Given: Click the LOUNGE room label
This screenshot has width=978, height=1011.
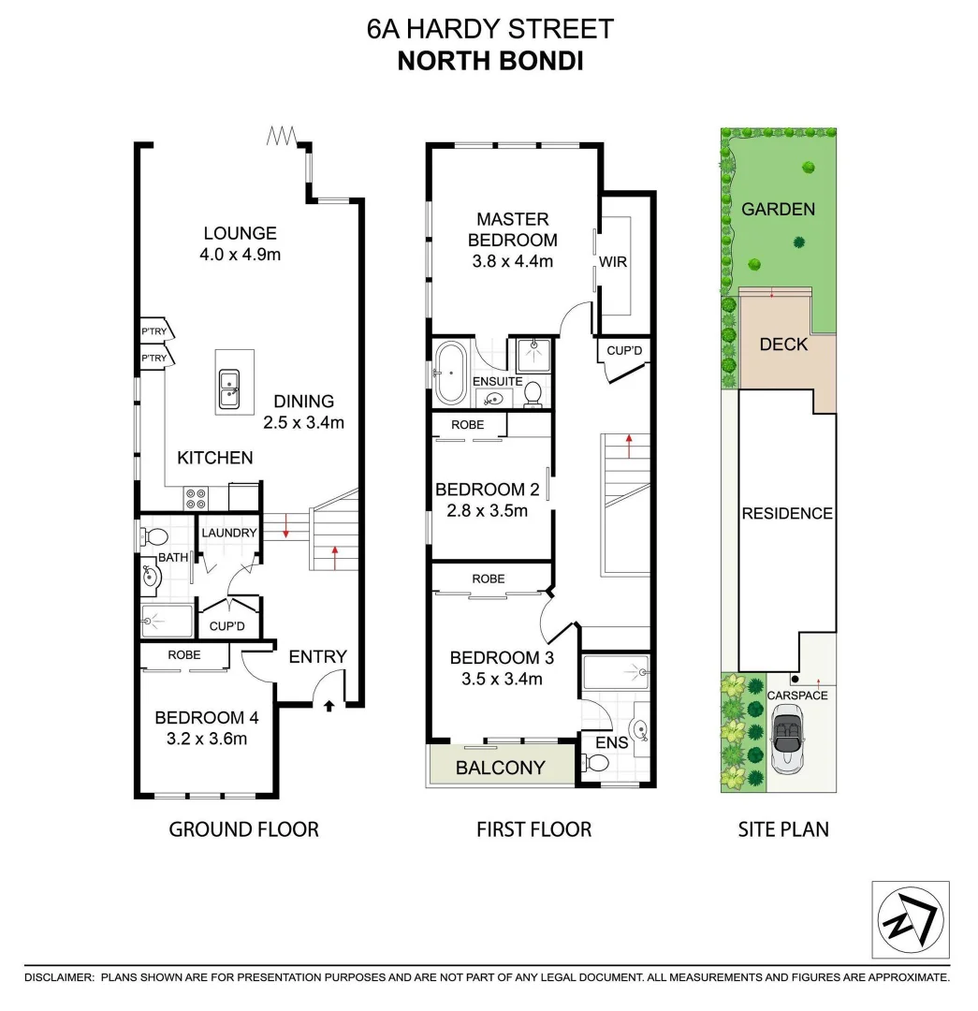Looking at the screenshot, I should pyautogui.click(x=241, y=233).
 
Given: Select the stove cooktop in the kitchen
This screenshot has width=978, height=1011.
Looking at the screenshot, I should pyautogui.click(x=196, y=498).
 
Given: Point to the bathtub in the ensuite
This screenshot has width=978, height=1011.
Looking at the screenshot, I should pyautogui.click(x=450, y=372).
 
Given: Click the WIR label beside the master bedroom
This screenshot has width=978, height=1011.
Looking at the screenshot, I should pyautogui.click(x=614, y=262).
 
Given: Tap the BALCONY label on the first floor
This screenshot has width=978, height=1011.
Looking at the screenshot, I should pyautogui.click(x=500, y=769).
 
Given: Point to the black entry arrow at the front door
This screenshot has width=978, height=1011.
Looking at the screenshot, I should pyautogui.click(x=328, y=707).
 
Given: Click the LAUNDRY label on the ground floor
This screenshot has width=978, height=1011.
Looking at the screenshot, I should pyautogui.click(x=229, y=533).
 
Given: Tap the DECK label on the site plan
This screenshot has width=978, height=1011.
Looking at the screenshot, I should pyautogui.click(x=783, y=344).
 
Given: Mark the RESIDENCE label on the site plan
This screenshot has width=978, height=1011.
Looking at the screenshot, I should pyautogui.click(x=786, y=513).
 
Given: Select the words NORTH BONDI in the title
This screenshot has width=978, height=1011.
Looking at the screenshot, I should pyautogui.click(x=490, y=61).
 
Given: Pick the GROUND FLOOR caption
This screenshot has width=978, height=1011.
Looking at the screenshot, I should pyautogui.click(x=243, y=828).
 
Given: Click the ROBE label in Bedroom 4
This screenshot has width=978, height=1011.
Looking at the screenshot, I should pyautogui.click(x=184, y=655).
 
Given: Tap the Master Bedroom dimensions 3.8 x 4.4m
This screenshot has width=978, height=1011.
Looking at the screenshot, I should pyautogui.click(x=513, y=261).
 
